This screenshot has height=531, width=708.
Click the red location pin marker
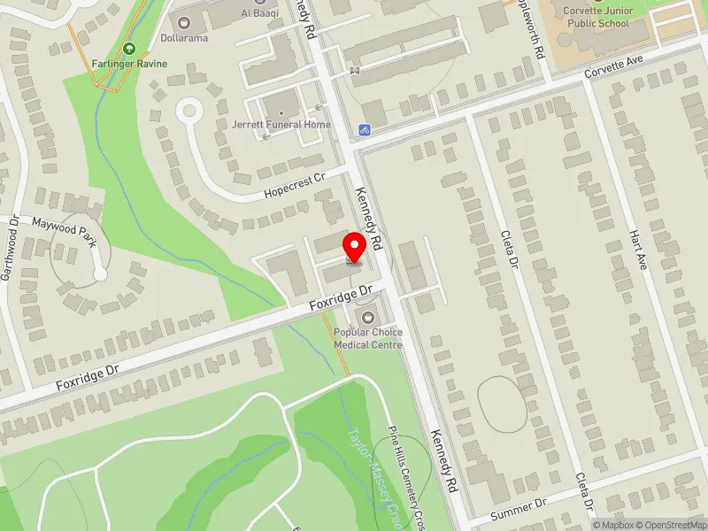355,247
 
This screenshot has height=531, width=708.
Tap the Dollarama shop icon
184,23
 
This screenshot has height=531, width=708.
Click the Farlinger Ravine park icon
130,50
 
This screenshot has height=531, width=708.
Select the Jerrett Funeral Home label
282,125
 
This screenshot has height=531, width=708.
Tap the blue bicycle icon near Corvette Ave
364,130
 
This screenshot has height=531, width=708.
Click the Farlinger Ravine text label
130,64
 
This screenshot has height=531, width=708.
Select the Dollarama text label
184,38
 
